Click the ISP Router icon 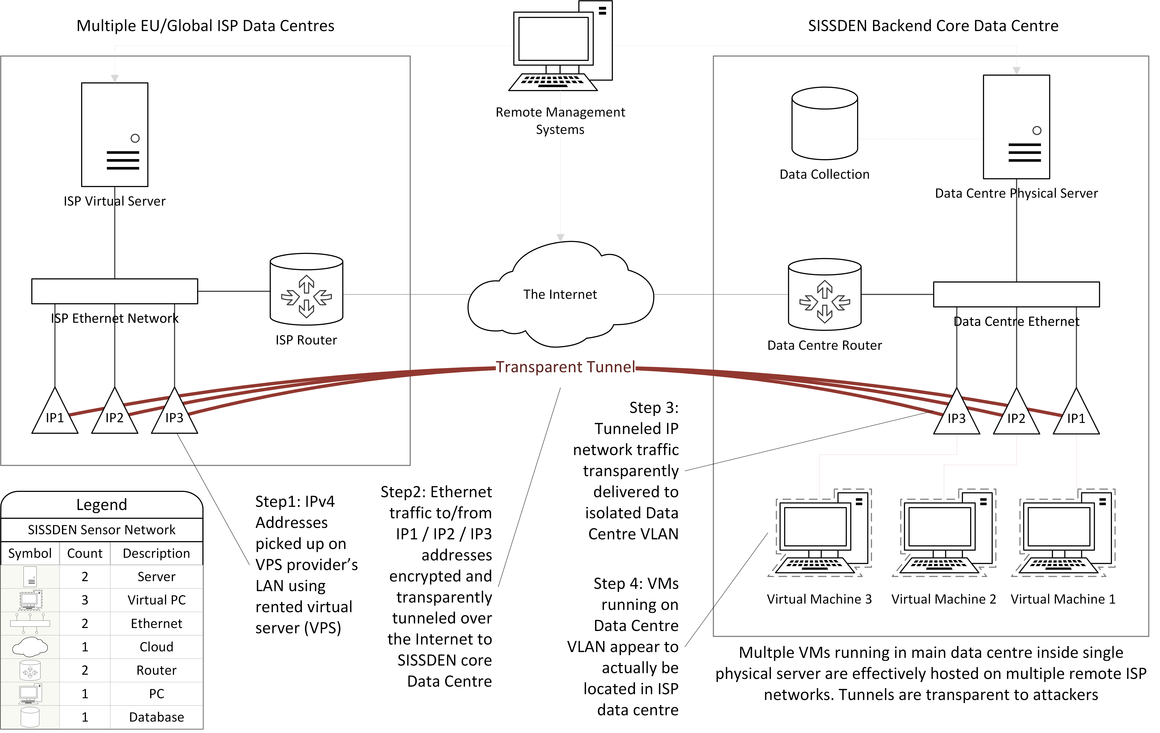coord(306,290)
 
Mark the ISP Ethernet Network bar coord(115,291)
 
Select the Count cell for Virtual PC coord(85,600)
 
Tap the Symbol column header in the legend coord(30,553)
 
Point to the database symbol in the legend coord(30,717)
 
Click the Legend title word coord(102,505)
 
